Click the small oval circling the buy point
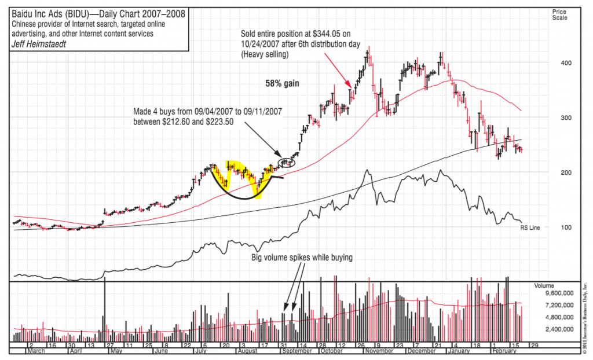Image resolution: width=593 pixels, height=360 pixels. click(288, 162)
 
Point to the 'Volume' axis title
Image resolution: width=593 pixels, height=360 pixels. click(544, 285)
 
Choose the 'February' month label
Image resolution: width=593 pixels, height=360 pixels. click(503, 351)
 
